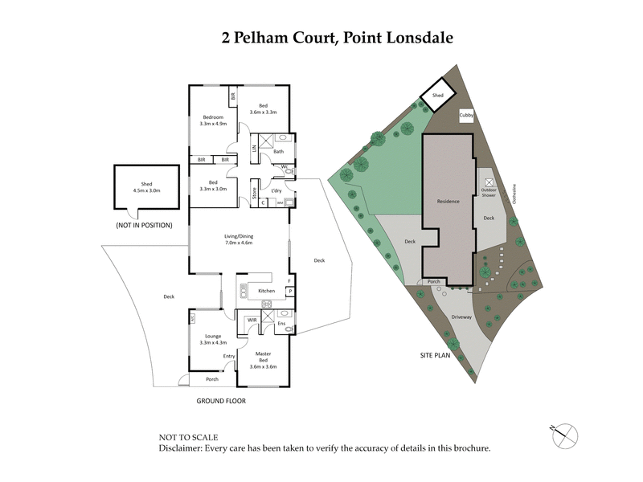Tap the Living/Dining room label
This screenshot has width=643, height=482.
point(239,239)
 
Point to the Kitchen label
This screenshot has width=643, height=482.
point(266,291)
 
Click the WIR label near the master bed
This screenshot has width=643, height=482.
point(252,320)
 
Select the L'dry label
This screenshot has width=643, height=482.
point(276,190)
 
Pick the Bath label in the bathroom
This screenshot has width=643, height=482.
point(278,152)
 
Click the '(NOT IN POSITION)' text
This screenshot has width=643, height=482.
point(144,225)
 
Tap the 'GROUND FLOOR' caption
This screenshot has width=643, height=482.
point(221,400)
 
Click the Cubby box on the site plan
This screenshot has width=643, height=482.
point(466,116)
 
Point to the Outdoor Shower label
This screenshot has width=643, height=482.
point(489,191)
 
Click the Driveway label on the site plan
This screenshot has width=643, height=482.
point(461,317)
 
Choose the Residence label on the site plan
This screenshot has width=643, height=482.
point(448,202)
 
